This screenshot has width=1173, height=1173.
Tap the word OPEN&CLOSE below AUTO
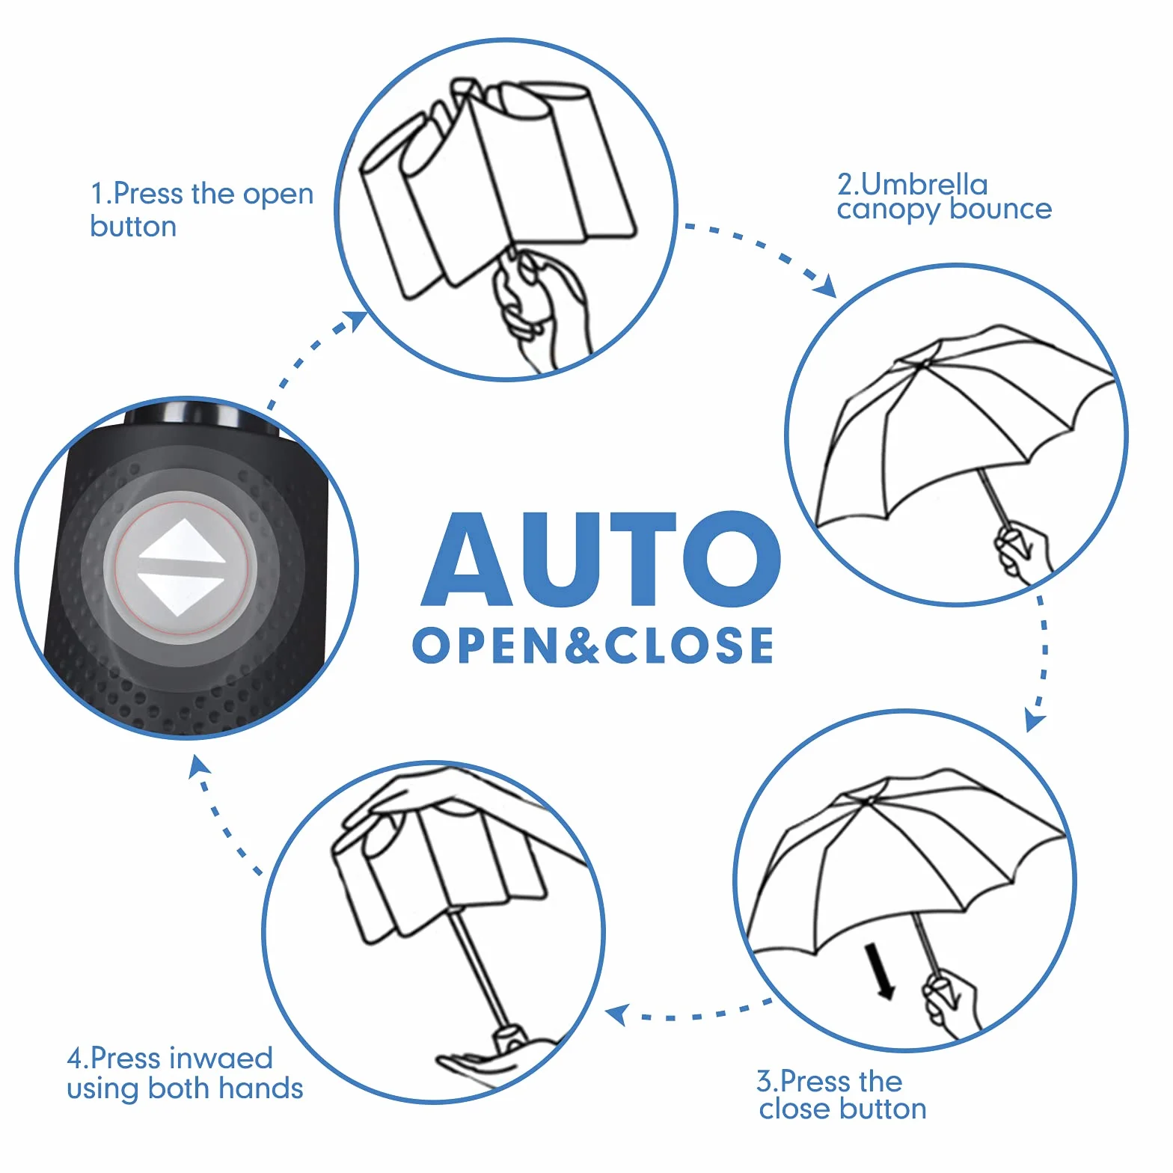[x=593, y=646]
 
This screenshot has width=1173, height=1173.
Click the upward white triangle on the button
[x=182, y=543]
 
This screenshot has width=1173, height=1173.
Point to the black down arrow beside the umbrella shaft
[x=880, y=971]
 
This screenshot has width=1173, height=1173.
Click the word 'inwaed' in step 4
[x=221, y=1058]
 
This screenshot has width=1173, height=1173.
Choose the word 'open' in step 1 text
[x=278, y=196]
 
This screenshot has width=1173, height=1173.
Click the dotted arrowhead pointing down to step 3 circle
[x=1035, y=720]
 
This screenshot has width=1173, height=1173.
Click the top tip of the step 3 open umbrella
[x=870, y=800]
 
